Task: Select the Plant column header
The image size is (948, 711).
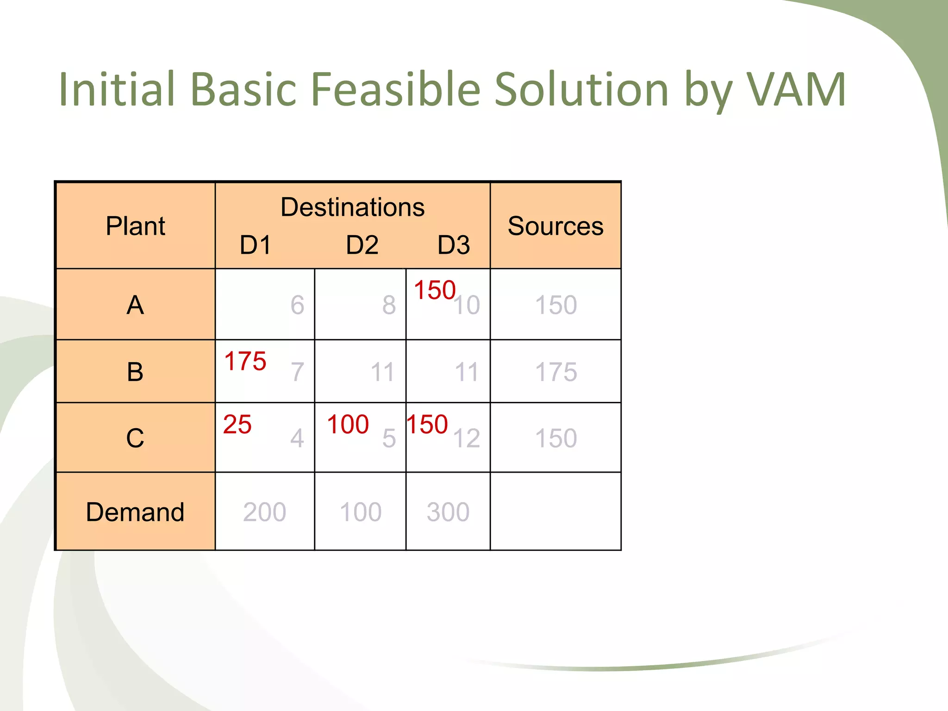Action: tap(135, 226)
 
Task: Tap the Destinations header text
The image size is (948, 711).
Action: tap(352, 207)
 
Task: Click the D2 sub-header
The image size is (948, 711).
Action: tap(362, 245)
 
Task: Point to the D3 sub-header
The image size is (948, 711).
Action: tap(453, 245)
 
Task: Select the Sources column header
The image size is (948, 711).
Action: tap(555, 226)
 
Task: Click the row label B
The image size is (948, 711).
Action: tap(135, 372)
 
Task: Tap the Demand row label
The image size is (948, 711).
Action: tap(135, 512)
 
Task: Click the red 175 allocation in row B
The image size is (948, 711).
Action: tap(245, 361)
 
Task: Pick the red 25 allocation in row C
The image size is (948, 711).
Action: tap(237, 424)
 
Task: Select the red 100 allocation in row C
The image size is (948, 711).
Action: tap(348, 424)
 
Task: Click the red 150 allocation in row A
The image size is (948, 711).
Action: tap(434, 290)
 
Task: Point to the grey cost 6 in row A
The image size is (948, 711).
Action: tap(297, 305)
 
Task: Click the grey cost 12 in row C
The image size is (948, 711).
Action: tap(467, 438)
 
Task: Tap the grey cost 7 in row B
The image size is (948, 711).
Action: tap(297, 372)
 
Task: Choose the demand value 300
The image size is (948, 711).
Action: tap(448, 512)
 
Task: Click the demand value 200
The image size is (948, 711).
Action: tap(264, 512)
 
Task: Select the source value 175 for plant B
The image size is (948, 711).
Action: tap(555, 372)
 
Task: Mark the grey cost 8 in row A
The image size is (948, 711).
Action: tap(389, 305)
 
